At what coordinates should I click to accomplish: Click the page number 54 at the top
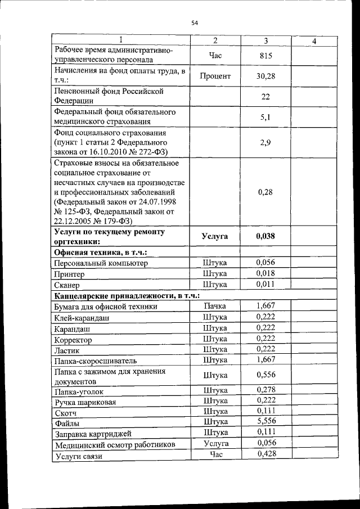pyautogui.click(x=195, y=22)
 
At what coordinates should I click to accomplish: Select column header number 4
pyautogui.click(x=314, y=41)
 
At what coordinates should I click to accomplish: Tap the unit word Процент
pyautogui.click(x=215, y=76)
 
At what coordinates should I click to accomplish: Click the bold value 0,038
pyautogui.click(x=265, y=236)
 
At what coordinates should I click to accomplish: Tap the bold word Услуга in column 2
pyautogui.click(x=215, y=237)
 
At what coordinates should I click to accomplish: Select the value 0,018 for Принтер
pyautogui.click(x=265, y=273)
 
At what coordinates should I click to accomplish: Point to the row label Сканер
pyautogui.click(x=68, y=285)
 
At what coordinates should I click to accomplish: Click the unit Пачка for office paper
pyautogui.click(x=215, y=306)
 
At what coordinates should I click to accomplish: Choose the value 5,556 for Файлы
pyautogui.click(x=265, y=421)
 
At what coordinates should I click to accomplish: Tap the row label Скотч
pyautogui.click(x=66, y=413)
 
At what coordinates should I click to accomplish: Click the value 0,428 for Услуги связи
pyautogui.click(x=265, y=454)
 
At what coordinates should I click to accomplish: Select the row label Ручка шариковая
pyautogui.click(x=85, y=402)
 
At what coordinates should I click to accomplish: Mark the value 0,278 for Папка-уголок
pyautogui.click(x=265, y=390)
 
